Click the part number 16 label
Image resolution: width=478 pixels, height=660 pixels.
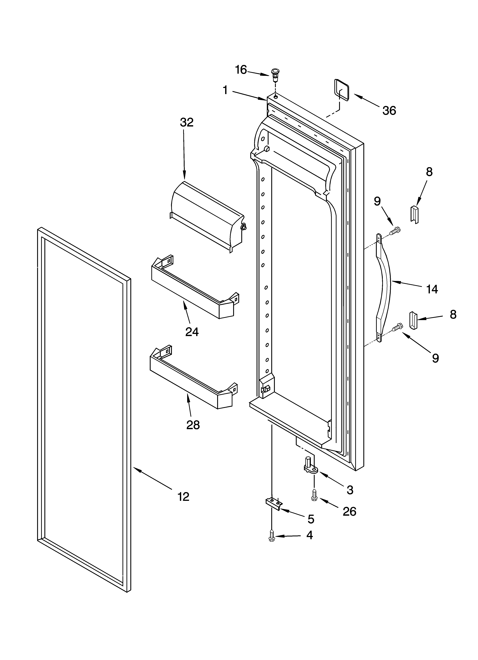(x=241, y=70)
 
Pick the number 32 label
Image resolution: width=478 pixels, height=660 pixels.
(x=187, y=122)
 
